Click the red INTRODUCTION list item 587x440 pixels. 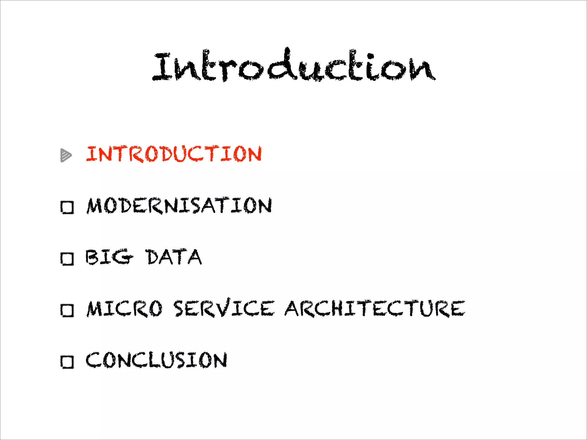coord(174,154)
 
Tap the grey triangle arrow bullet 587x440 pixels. coord(66,155)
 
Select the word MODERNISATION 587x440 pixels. coord(179,206)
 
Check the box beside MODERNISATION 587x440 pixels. coord(67,207)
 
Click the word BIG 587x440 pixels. coord(109,257)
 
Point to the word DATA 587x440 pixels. coord(174,257)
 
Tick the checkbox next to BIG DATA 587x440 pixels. coord(67,259)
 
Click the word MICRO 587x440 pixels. coord(125,309)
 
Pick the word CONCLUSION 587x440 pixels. coord(156,360)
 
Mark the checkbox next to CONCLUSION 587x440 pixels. coord(67,362)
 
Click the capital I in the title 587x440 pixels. coord(163,66)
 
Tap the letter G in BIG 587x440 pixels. coord(123,257)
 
